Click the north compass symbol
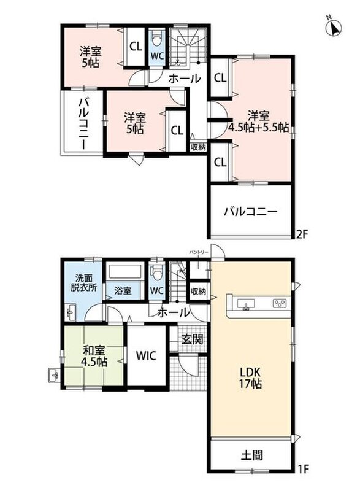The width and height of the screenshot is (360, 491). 334,26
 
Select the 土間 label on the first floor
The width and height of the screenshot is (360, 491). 252,455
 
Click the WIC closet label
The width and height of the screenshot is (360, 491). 146,355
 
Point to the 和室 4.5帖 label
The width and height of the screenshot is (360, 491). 94,356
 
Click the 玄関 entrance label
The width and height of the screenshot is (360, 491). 193,339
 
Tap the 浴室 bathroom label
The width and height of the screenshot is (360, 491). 123,290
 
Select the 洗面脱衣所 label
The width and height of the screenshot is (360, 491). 83,283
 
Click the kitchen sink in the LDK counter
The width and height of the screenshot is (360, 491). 246,304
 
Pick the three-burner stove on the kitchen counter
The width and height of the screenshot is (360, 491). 279,303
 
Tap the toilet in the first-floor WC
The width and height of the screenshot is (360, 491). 156,273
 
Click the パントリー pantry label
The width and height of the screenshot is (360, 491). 198,252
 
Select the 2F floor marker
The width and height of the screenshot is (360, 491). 302,234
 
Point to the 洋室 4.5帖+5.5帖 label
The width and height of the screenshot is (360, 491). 259,122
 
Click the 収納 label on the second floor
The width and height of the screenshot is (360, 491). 198,147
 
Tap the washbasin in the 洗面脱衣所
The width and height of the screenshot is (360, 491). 71,312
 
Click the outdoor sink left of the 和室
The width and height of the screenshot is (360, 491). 54,374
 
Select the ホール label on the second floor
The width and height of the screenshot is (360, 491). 184,79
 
